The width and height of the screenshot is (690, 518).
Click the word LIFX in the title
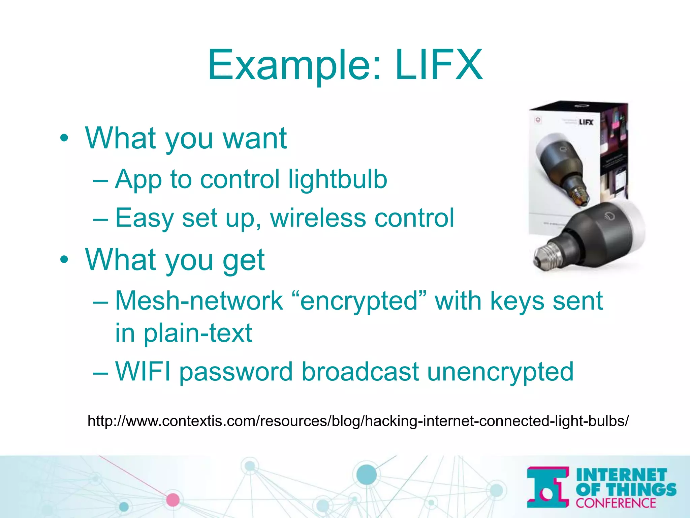click(x=439, y=65)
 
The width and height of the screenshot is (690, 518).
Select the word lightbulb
click(x=338, y=179)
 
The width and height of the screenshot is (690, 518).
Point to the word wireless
click(x=318, y=218)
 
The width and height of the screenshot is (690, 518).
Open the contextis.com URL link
click(x=358, y=421)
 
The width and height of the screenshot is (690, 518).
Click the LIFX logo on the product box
click(x=586, y=122)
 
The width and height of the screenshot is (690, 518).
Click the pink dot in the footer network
click(x=173, y=500)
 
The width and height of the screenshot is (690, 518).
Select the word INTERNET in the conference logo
click(x=621, y=475)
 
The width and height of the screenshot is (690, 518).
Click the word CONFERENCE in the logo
click(x=616, y=503)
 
